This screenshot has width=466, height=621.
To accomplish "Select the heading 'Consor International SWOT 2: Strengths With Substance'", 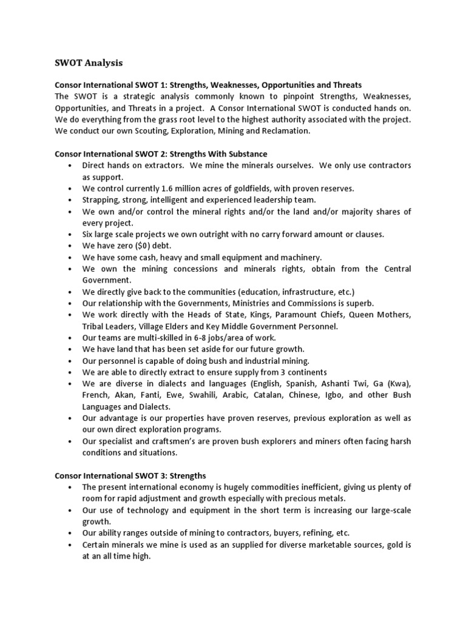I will pyautogui.click(x=161, y=154).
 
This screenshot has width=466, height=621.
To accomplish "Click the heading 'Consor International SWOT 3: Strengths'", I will pyautogui.click(x=130, y=475).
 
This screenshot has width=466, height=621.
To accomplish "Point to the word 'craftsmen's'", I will pyautogui.click(x=171, y=441).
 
